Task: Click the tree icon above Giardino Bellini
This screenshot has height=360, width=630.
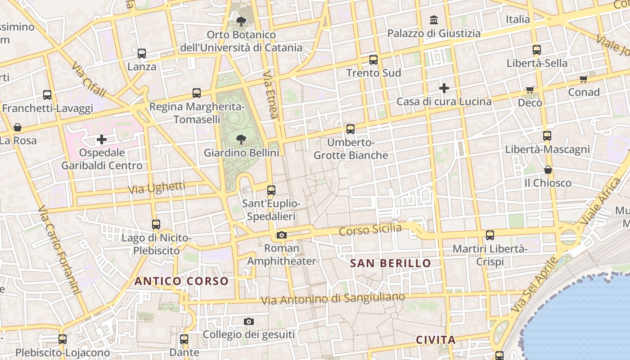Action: point(241,139)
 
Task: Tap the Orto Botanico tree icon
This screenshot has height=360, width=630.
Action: point(241,21)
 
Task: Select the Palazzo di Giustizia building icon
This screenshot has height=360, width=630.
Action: point(434,20)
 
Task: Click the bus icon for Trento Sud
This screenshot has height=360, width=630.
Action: point(373,59)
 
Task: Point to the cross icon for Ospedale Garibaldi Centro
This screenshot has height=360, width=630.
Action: point(102,139)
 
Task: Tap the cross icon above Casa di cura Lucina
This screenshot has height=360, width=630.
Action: point(444,88)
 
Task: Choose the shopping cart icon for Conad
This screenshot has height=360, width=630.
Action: point(584,79)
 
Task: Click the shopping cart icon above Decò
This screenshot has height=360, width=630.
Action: point(530,90)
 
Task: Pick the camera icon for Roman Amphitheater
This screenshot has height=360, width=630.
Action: point(282,235)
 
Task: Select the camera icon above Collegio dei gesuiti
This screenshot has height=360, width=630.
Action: point(249,321)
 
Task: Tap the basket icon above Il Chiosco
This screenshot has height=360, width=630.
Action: point(548,170)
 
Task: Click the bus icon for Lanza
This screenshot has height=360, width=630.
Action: point(142,54)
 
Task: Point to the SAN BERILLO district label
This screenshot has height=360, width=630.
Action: point(391,263)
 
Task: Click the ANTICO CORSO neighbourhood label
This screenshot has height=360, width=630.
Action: point(181,282)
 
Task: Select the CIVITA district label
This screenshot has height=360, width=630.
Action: point(436,340)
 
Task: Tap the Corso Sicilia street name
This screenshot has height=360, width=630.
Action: point(370,229)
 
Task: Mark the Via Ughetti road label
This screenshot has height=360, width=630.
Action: point(157,188)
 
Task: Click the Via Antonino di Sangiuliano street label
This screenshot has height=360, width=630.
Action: point(333,298)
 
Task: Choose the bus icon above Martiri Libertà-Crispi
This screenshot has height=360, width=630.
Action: point(490,235)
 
